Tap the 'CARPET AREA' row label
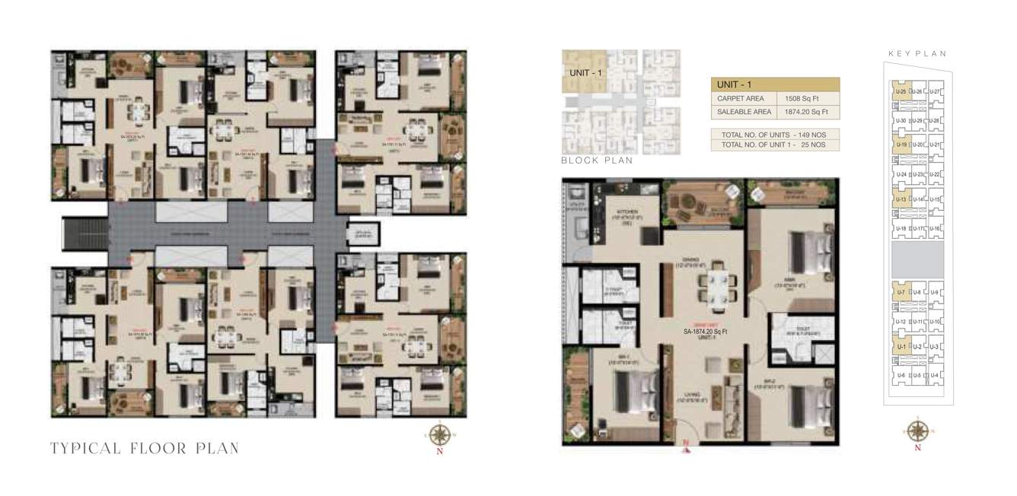pos(741,99)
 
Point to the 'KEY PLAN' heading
pos(917,54)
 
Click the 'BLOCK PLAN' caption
pos(597,161)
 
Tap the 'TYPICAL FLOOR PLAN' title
pos(145,448)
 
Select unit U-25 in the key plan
pos(901,92)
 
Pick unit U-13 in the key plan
pos(901,200)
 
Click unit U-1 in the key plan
pos(901,347)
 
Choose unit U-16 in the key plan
pos(936,228)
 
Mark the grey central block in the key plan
pos(917,259)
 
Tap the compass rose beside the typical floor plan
pos(439,434)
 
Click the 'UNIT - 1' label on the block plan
pos(585,73)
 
